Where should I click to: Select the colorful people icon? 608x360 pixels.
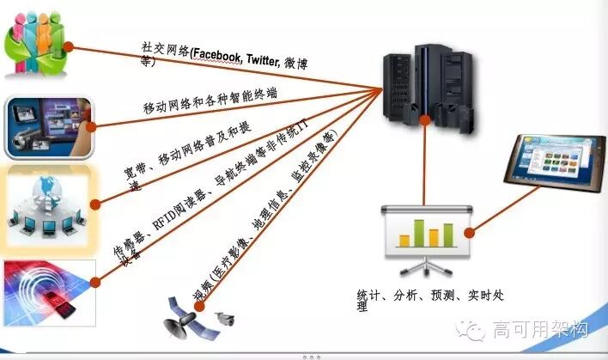32,48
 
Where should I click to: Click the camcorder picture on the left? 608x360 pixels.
46,127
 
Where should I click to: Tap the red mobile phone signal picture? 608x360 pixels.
47,289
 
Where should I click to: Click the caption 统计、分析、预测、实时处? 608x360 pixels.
429,295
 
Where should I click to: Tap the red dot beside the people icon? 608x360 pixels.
68,48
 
